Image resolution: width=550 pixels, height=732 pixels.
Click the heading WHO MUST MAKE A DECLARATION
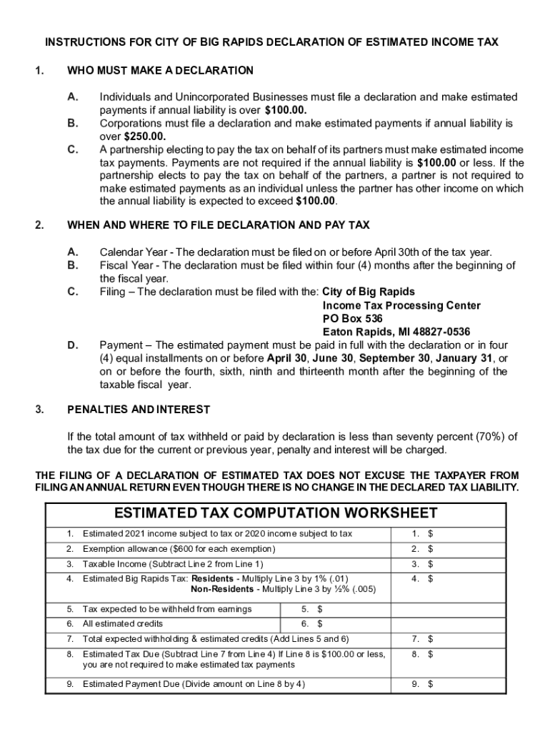tap(160, 70)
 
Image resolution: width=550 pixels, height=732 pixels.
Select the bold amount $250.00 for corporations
tap(144, 137)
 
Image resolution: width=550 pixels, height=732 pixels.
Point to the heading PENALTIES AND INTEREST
tap(139, 410)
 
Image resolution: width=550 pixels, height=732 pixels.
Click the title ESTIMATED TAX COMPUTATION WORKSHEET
tap(276, 513)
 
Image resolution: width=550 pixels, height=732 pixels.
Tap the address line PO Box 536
tap(352, 318)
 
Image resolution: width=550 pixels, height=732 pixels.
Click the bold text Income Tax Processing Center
tap(401, 305)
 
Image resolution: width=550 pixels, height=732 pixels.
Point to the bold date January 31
tap(466, 358)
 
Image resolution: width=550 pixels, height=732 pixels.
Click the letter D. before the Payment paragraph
tap(73, 345)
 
